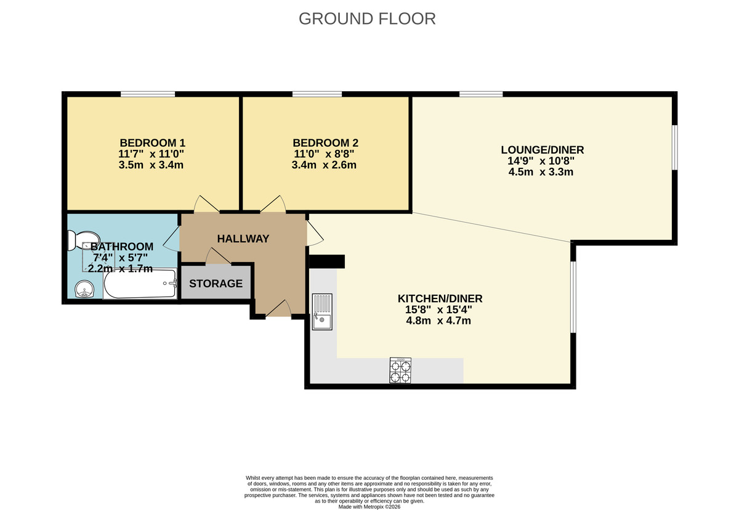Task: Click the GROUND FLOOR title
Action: pyautogui.click(x=367, y=19)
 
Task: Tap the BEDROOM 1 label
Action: pyautogui.click(x=152, y=142)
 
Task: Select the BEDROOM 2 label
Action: pyautogui.click(x=324, y=142)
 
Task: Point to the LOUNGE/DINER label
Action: pyautogui.click(x=542, y=150)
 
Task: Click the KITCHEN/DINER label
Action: pyautogui.click(x=440, y=298)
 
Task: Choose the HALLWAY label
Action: pyautogui.click(x=243, y=239)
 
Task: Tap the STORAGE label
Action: pyautogui.click(x=216, y=284)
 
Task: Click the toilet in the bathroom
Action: pyautogui.click(x=83, y=239)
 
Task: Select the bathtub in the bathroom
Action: pyautogui.click(x=140, y=284)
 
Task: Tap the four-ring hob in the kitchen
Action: pyautogui.click(x=400, y=371)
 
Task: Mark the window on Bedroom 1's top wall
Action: pyautogui.click(x=147, y=94)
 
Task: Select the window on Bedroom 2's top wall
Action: pyautogui.click(x=317, y=94)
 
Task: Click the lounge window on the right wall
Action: pyautogui.click(x=674, y=147)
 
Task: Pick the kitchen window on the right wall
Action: pyautogui.click(x=573, y=297)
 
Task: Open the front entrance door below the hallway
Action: pyautogui.click(x=278, y=310)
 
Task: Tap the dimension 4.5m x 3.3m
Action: pyautogui.click(x=542, y=172)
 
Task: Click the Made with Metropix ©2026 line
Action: pyautogui.click(x=369, y=506)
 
